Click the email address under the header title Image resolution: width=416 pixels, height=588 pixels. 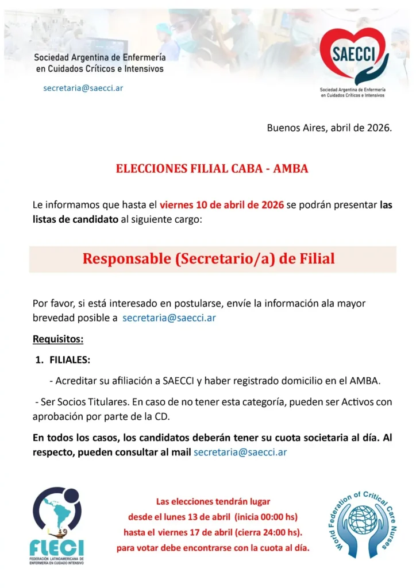83,88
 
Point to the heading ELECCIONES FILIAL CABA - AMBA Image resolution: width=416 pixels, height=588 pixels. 212,169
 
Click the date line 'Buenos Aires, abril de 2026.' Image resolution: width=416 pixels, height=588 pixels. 329,127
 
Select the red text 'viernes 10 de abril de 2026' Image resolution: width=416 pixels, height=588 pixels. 221,205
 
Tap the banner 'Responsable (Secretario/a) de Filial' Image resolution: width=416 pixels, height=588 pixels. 208,258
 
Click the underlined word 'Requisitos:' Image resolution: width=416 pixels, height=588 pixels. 58,339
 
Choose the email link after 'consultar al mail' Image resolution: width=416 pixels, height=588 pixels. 240,452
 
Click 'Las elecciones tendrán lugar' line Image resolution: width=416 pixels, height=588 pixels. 213,501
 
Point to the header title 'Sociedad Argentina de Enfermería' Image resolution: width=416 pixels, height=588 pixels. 100,58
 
